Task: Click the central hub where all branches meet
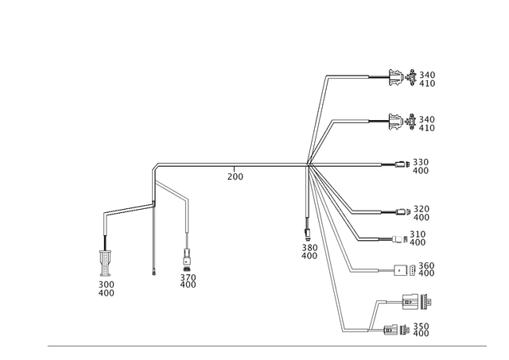coord(308,165)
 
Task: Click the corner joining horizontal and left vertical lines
coord(153,165)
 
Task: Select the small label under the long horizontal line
coord(235,176)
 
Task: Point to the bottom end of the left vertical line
coord(153,273)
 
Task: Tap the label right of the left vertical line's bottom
coord(188,279)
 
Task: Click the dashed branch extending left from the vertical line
coord(126,211)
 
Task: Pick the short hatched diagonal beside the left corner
coord(173,190)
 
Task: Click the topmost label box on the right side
coord(413,78)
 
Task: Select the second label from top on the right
coord(413,122)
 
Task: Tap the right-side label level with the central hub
coord(415,165)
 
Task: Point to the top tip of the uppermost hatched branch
coord(326,75)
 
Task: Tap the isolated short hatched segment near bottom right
coord(371,314)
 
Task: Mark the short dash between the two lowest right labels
coord(419,302)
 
